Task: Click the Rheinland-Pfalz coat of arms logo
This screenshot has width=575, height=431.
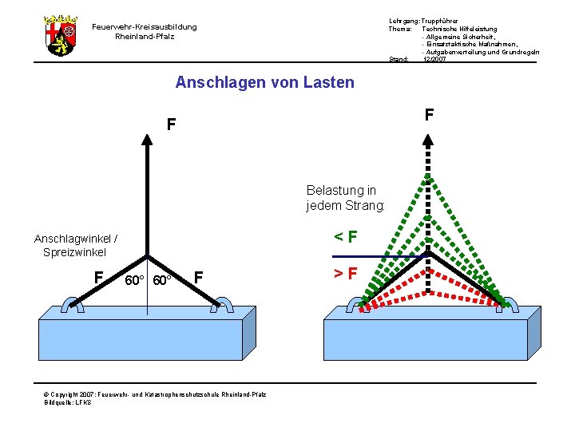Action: click(x=61, y=35)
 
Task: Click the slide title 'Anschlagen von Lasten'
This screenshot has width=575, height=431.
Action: click(x=264, y=82)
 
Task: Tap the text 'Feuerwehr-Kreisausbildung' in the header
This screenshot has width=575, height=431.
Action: click(x=145, y=27)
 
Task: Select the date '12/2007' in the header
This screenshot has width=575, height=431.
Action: click(x=435, y=59)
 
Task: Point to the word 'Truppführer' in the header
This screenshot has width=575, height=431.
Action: click(x=442, y=20)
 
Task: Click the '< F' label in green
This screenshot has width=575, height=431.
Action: click(x=345, y=236)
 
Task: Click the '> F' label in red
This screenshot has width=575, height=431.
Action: click(x=345, y=275)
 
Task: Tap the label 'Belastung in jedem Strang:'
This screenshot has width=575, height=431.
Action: click(x=345, y=198)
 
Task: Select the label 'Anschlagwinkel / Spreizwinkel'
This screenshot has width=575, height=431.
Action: click(x=76, y=245)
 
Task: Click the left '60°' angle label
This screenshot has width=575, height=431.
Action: click(x=135, y=281)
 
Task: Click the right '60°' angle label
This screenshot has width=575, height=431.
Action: click(x=165, y=281)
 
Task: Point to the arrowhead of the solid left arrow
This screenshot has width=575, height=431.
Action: click(x=148, y=137)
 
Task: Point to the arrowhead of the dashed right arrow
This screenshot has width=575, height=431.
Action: click(x=429, y=137)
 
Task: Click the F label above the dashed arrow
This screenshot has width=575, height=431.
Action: click(x=429, y=115)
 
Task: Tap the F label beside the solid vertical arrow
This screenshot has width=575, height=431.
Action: click(x=171, y=125)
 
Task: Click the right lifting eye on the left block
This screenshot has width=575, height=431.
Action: click(x=224, y=304)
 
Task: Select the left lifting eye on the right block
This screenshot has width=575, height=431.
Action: click(x=352, y=304)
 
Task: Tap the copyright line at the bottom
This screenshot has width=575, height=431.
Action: click(x=156, y=394)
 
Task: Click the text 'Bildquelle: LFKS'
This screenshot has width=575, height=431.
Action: click(x=68, y=402)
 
